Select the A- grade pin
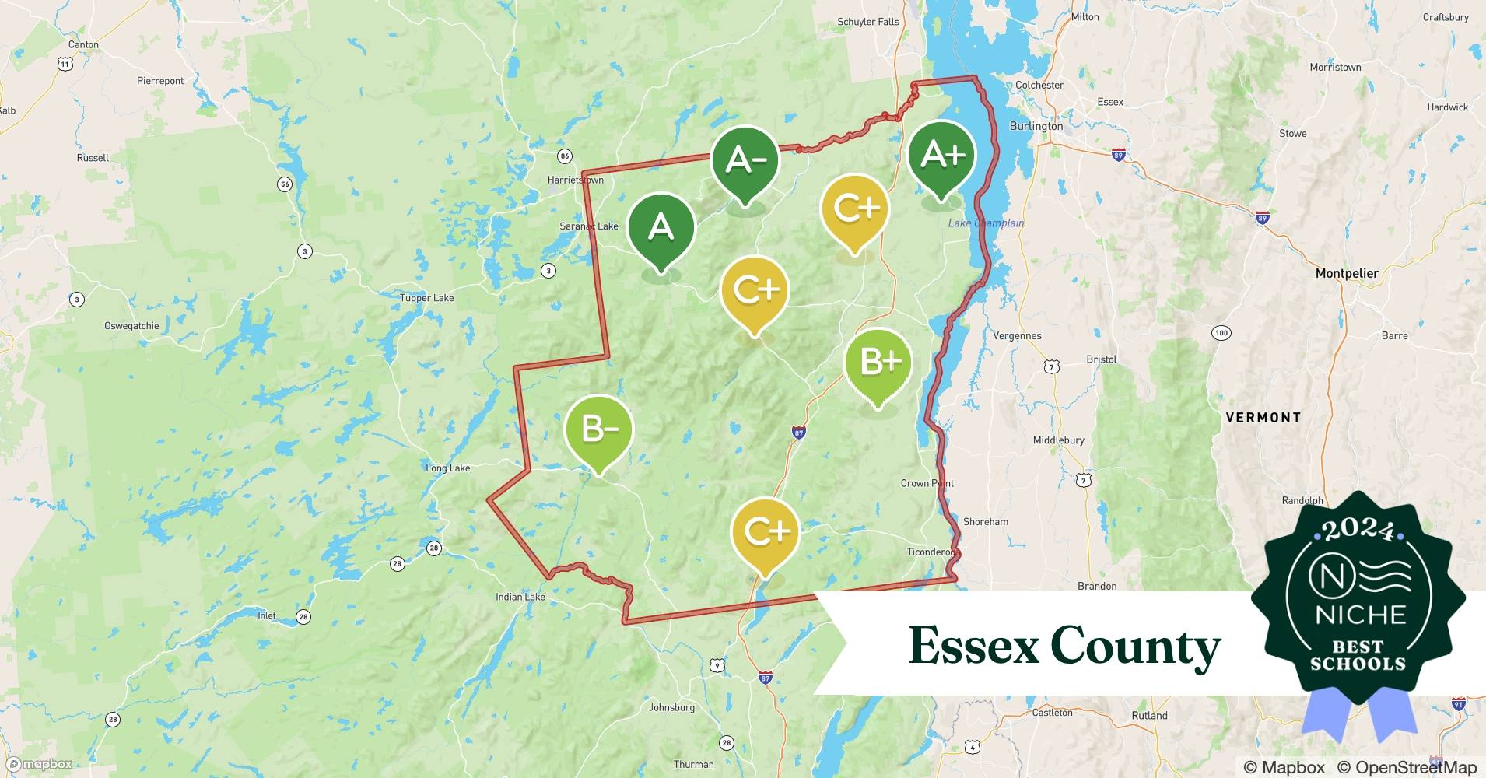pos(745,161)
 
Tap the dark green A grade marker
pos(661,227)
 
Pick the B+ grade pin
pos(879,363)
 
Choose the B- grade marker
pos(599,429)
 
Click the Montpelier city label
pos(1346,273)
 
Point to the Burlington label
pos(1036,126)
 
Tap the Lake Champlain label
pos(986,223)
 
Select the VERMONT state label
pos(1263,418)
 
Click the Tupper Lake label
pos(426,298)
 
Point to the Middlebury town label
pos(1058,440)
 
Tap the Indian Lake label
pos(520,598)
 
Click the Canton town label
pos(83,44)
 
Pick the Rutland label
pos(1149,716)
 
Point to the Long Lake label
pos(447,468)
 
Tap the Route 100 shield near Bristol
pos(1221,333)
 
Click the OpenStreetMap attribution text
pos(1407,767)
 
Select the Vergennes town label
pos(1017,336)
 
